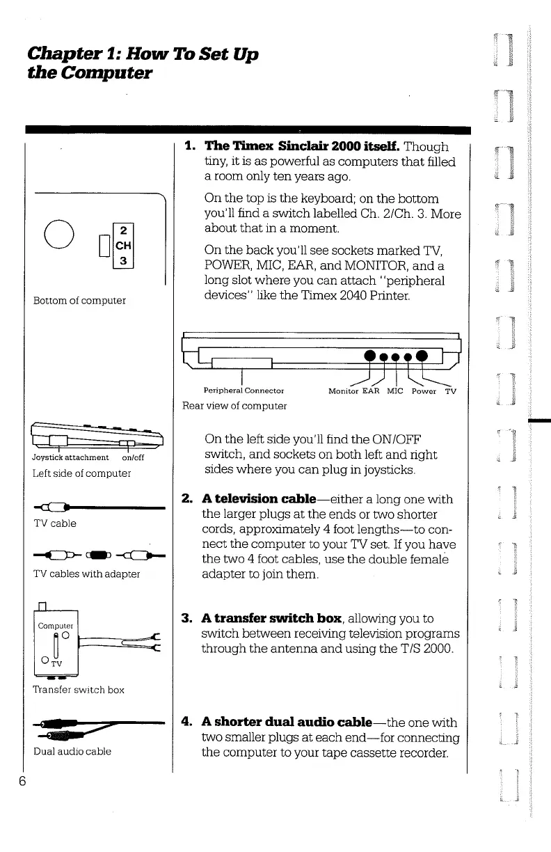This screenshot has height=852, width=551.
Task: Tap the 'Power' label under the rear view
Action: point(423,390)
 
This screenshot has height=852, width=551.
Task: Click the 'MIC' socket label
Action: point(395,390)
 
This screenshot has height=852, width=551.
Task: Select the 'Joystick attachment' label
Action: point(70,457)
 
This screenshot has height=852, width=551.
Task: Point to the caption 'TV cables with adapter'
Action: point(87,574)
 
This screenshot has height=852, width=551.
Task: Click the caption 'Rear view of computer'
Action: point(234,405)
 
